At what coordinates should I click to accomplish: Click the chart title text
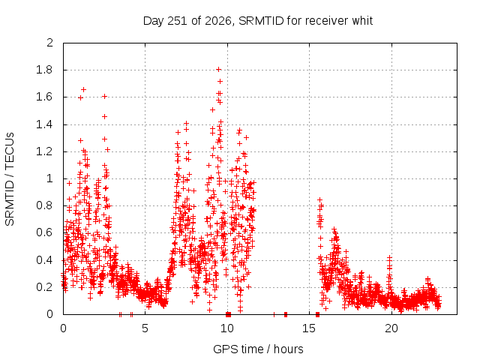pyautogui.click(x=258, y=21)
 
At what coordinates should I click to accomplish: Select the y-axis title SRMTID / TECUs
pyautogui.click(x=10, y=179)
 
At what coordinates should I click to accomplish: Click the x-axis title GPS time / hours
pyautogui.click(x=258, y=349)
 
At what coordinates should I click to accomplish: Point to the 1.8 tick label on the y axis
pyautogui.click(x=44, y=70)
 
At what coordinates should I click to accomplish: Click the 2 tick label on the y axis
pyautogui.click(x=49, y=43)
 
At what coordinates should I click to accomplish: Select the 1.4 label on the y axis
pyautogui.click(x=44, y=124)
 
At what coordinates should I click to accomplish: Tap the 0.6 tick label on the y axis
pyautogui.click(x=44, y=232)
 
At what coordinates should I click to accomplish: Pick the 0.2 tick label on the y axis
pyautogui.click(x=44, y=286)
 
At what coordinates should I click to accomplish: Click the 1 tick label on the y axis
pyautogui.click(x=50, y=178)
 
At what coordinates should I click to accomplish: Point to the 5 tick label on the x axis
pyautogui.click(x=145, y=328)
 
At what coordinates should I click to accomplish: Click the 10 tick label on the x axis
pyautogui.click(x=227, y=328)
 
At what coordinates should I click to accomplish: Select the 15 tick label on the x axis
pyautogui.click(x=309, y=328)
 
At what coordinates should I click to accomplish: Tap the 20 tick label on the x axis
pyautogui.click(x=391, y=328)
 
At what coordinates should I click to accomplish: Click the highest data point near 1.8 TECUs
pyautogui.click(x=218, y=70)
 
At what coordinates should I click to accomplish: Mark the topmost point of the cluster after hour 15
pyautogui.click(x=320, y=200)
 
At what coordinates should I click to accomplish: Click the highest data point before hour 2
pyautogui.click(x=83, y=90)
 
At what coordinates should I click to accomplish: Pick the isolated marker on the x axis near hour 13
pyautogui.click(x=274, y=314)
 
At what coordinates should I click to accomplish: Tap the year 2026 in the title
pyautogui.click(x=218, y=21)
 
